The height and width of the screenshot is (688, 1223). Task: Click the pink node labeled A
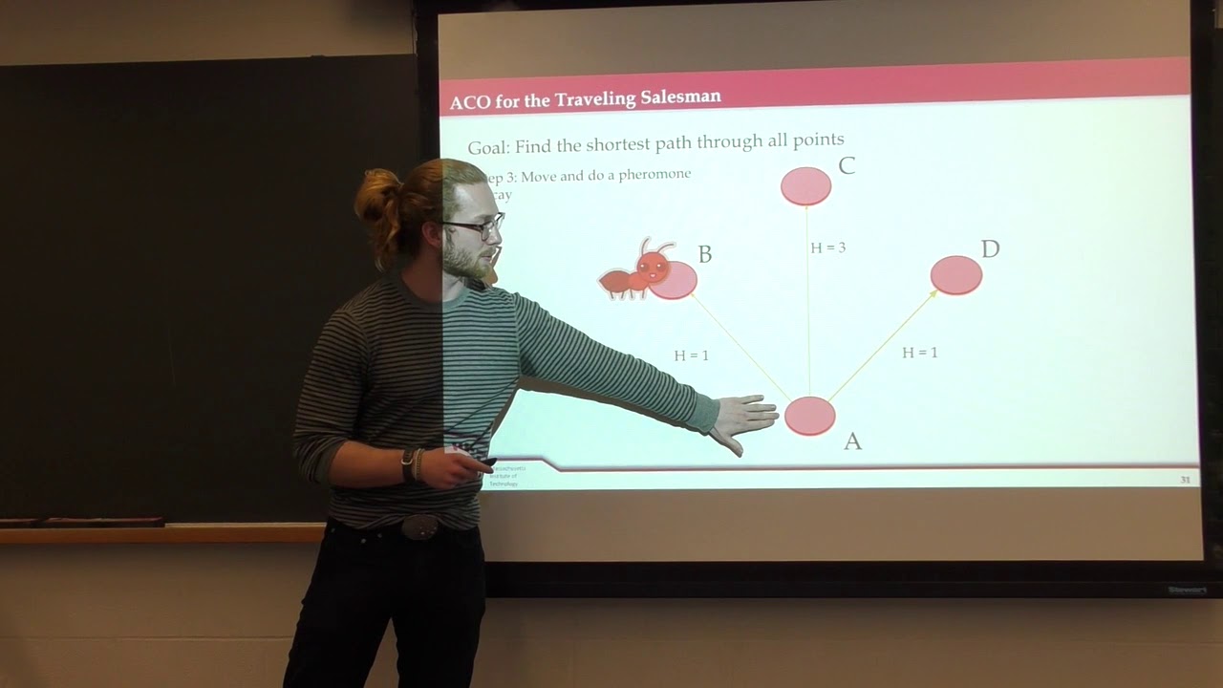pos(810,416)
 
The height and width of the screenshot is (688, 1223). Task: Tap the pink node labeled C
pos(805,186)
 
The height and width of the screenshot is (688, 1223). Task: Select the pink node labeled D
pos(955,275)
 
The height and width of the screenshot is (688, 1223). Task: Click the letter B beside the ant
pos(705,254)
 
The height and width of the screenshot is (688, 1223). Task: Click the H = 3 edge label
pos(827,247)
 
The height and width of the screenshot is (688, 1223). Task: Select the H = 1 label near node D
pos(919,353)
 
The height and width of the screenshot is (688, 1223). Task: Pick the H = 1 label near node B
pos(691,355)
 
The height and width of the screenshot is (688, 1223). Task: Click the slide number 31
pos(1185,479)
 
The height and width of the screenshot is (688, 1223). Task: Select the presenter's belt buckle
pos(420,526)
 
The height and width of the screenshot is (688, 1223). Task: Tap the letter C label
pos(846,166)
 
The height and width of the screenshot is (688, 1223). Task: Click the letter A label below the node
pos(852,441)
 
